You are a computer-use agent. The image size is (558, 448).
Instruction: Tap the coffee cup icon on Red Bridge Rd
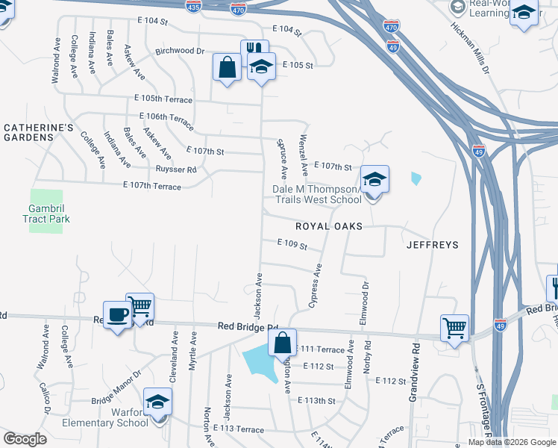(116, 315)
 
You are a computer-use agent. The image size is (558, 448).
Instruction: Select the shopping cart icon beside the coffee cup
(140, 305)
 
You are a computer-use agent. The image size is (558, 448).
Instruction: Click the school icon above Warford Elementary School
(157, 402)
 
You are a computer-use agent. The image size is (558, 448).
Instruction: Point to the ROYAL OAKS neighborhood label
(328, 225)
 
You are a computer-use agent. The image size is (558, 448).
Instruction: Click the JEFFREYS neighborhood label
(432, 244)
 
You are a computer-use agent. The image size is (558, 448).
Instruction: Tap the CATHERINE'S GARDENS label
(39, 133)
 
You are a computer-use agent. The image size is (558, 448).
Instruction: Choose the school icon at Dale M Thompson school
(374, 179)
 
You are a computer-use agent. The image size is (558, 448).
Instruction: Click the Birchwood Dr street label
(180, 51)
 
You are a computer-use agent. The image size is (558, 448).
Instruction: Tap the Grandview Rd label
(415, 362)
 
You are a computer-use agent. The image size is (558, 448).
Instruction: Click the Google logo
(25, 438)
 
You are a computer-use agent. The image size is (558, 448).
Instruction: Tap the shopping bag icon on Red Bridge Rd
(282, 343)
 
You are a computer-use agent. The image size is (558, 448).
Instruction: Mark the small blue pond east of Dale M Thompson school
(416, 179)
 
